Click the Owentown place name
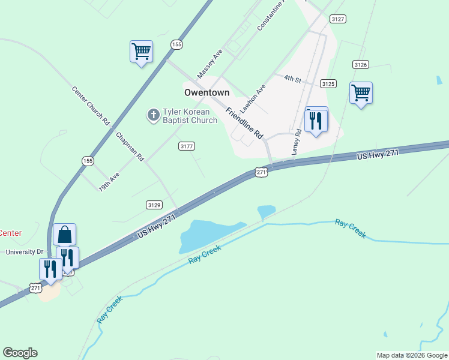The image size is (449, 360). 206,92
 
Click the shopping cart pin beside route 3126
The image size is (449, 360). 361,94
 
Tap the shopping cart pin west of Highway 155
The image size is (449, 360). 141,52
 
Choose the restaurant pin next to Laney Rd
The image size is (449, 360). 316,121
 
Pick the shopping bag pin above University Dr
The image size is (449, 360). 65,234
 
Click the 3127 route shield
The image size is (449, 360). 338,19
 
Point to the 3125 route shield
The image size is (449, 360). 328,84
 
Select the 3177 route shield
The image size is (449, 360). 187,146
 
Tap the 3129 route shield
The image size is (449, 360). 154,205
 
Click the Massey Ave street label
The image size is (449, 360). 210,64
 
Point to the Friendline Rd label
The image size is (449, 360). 245,124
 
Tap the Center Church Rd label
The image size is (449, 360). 91,106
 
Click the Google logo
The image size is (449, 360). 20,353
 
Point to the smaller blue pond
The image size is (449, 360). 266,211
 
